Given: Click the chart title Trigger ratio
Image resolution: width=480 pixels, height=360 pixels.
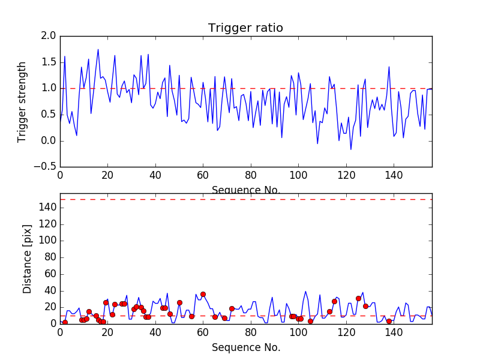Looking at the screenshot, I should coord(245,28).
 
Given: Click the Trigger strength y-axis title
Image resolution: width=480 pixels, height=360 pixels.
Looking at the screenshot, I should coord(22,101).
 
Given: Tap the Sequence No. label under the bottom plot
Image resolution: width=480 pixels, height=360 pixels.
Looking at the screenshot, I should coord(246,347).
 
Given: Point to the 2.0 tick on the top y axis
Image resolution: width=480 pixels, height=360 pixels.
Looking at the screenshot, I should coord(49,36).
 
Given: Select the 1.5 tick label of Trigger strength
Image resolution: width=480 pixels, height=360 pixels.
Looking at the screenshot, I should coord(49,62).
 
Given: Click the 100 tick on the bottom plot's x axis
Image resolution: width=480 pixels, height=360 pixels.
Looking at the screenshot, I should coord(298,332).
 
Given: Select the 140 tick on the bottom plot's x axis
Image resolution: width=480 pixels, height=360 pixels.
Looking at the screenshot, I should coord(393,332).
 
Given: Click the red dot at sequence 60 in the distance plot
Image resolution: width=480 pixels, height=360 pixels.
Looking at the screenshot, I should coord(203,294).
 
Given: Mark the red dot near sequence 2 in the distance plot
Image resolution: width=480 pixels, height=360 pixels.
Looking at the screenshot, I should coord(65,322).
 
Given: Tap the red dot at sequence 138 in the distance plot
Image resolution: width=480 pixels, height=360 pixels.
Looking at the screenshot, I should coord(389,321).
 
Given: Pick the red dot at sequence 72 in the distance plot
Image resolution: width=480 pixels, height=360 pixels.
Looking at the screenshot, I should coord(232,308).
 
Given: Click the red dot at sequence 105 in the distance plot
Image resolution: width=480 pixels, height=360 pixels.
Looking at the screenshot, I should coord(310,321).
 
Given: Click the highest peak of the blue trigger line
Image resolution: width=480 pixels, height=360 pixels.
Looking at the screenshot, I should coord(98,49).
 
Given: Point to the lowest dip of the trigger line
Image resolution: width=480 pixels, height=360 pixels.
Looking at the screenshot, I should coord(351,149).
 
